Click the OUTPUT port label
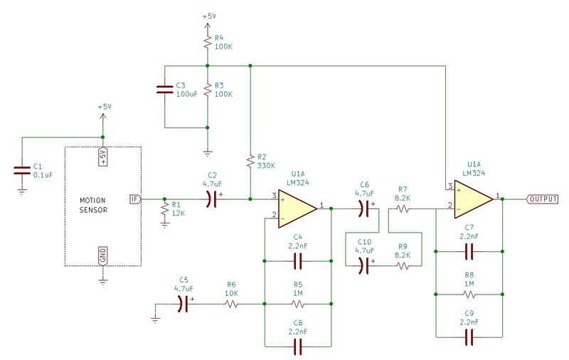tap(543, 199)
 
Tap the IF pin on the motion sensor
tap(135, 199)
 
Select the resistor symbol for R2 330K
tap(250, 162)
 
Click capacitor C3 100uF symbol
tap(164, 89)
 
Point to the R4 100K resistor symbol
tap(207, 42)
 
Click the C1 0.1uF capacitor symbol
tap(22, 171)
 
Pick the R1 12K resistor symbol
tap(165, 209)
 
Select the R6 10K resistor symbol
tap(232, 304)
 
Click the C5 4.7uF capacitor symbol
tap(184, 304)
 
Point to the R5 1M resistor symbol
tap(298, 304)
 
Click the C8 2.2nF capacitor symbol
tap(298, 346)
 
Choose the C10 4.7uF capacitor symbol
tap(364, 266)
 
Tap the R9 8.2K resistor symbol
tap(403, 266)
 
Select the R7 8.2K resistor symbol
tap(403, 208)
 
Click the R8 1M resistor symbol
tap(469, 294)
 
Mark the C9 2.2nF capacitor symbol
tap(469, 337)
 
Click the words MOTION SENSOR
tap(93, 205)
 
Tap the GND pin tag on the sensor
tap(103, 255)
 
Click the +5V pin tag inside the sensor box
tap(103, 157)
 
